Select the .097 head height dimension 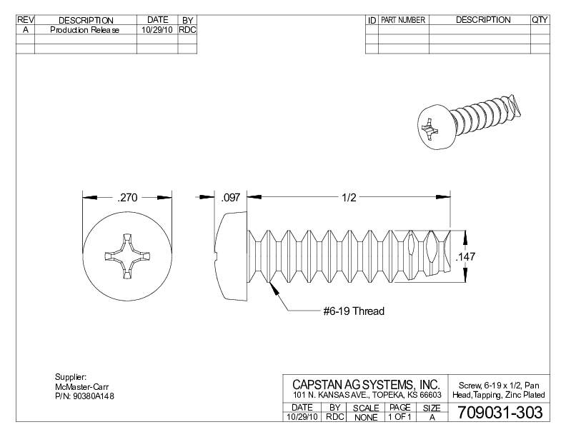pos(231,198)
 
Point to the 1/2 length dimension pos(349,198)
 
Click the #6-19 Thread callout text pos(353,311)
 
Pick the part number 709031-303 pos(495,413)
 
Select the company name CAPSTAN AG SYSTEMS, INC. pos(366,384)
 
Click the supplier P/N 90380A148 pos(85,396)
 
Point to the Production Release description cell pos(85,31)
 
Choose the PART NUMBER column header pos(403,20)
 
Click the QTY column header pos(540,20)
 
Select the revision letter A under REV pos(25,31)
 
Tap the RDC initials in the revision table pos(187,31)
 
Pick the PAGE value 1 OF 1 pos(399,417)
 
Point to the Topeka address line pos(366,396)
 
